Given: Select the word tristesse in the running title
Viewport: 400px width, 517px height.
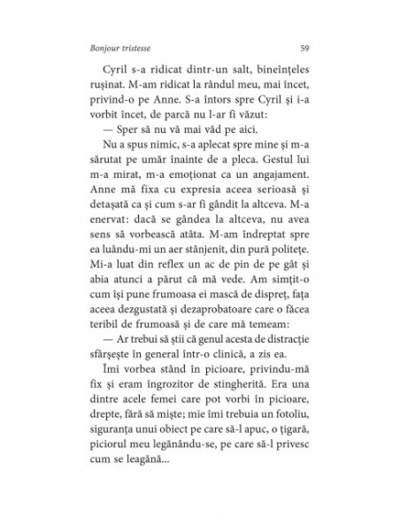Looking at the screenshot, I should (140, 48).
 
